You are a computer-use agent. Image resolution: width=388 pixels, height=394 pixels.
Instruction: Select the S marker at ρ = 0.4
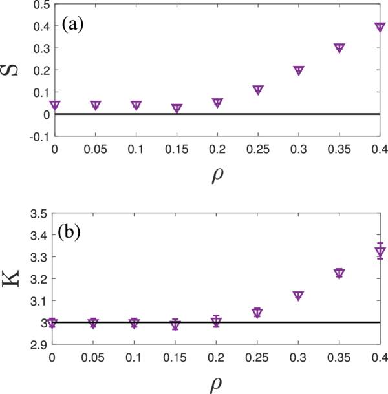[x=380, y=26]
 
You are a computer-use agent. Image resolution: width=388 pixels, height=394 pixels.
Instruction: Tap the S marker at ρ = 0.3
[x=299, y=70]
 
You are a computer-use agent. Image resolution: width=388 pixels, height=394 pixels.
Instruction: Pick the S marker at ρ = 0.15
[x=177, y=109]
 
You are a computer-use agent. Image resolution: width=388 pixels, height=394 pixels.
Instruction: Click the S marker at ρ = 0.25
[x=258, y=90]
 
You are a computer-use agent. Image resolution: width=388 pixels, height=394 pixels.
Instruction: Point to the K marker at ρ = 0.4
[x=380, y=252]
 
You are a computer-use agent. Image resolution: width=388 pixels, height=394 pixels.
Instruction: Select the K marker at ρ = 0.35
[x=339, y=273]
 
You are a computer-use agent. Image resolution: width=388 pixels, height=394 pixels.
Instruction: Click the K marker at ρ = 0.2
[x=217, y=321]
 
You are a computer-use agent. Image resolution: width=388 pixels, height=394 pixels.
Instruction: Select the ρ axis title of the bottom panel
[x=218, y=384]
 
